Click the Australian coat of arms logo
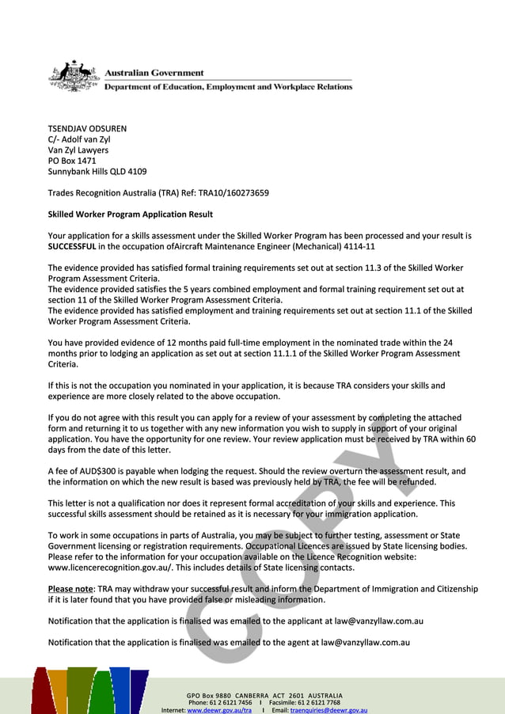tap(74, 76)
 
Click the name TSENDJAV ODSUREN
tap(87, 128)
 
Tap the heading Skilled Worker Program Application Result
tap(130, 214)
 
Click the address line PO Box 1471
tap(72, 161)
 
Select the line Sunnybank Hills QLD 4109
tap(97, 171)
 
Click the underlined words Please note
tap(70, 589)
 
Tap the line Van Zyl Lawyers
tap(78, 150)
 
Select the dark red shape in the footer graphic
tap(41, 693)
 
